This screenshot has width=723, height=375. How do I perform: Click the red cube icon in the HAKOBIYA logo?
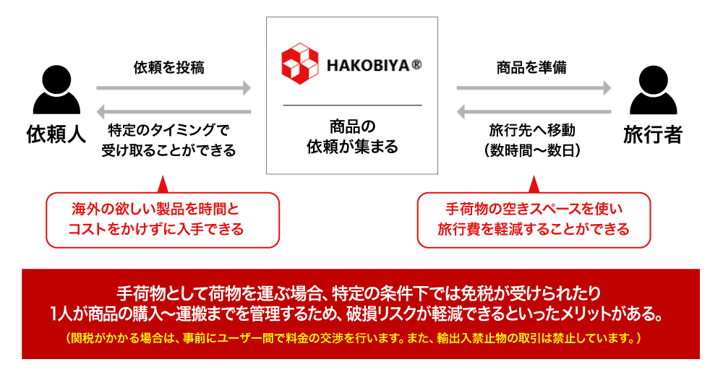299,63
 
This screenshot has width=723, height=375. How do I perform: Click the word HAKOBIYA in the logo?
368,64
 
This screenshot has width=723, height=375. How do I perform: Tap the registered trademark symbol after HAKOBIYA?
416,64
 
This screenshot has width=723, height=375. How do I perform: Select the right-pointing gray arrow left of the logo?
174,88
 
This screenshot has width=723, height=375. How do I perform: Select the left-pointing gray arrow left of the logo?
174,112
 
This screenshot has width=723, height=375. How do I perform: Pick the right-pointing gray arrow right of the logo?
534,88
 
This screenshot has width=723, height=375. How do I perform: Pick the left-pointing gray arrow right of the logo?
534,112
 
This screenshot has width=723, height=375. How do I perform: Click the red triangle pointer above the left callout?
162,184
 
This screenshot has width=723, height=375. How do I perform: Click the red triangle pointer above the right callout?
534,184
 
